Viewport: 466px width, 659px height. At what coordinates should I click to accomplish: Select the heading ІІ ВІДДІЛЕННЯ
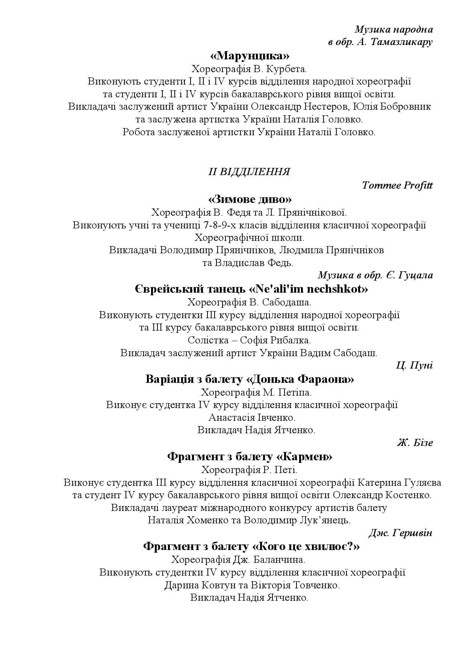tap(249, 172)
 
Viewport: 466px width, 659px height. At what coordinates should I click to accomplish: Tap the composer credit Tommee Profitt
tap(397, 185)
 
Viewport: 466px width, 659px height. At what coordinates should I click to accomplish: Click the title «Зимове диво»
tap(250, 199)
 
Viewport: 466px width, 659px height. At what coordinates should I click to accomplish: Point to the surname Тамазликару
tap(401, 42)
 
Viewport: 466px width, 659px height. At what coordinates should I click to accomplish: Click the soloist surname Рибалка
tap(290, 340)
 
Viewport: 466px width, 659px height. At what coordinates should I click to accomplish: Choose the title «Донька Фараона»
tap(300, 379)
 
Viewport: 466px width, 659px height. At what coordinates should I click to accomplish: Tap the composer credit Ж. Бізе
tap(415, 443)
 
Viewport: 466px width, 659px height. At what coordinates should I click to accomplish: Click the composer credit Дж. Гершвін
tap(400, 533)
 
